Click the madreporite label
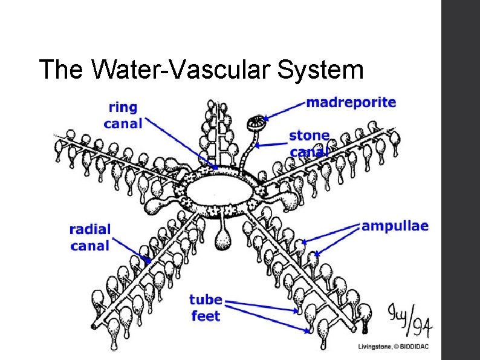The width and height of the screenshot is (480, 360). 351,102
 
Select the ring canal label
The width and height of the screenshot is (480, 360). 123,116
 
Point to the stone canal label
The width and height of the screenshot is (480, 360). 310,143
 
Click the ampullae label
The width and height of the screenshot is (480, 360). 395,226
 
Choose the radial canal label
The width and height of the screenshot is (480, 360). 90,237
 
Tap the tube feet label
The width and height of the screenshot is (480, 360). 206,307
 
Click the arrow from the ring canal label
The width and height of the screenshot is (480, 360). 181,145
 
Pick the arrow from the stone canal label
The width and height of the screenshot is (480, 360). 271,144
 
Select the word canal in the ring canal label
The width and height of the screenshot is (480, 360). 123,123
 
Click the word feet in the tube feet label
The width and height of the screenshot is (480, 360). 206,315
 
